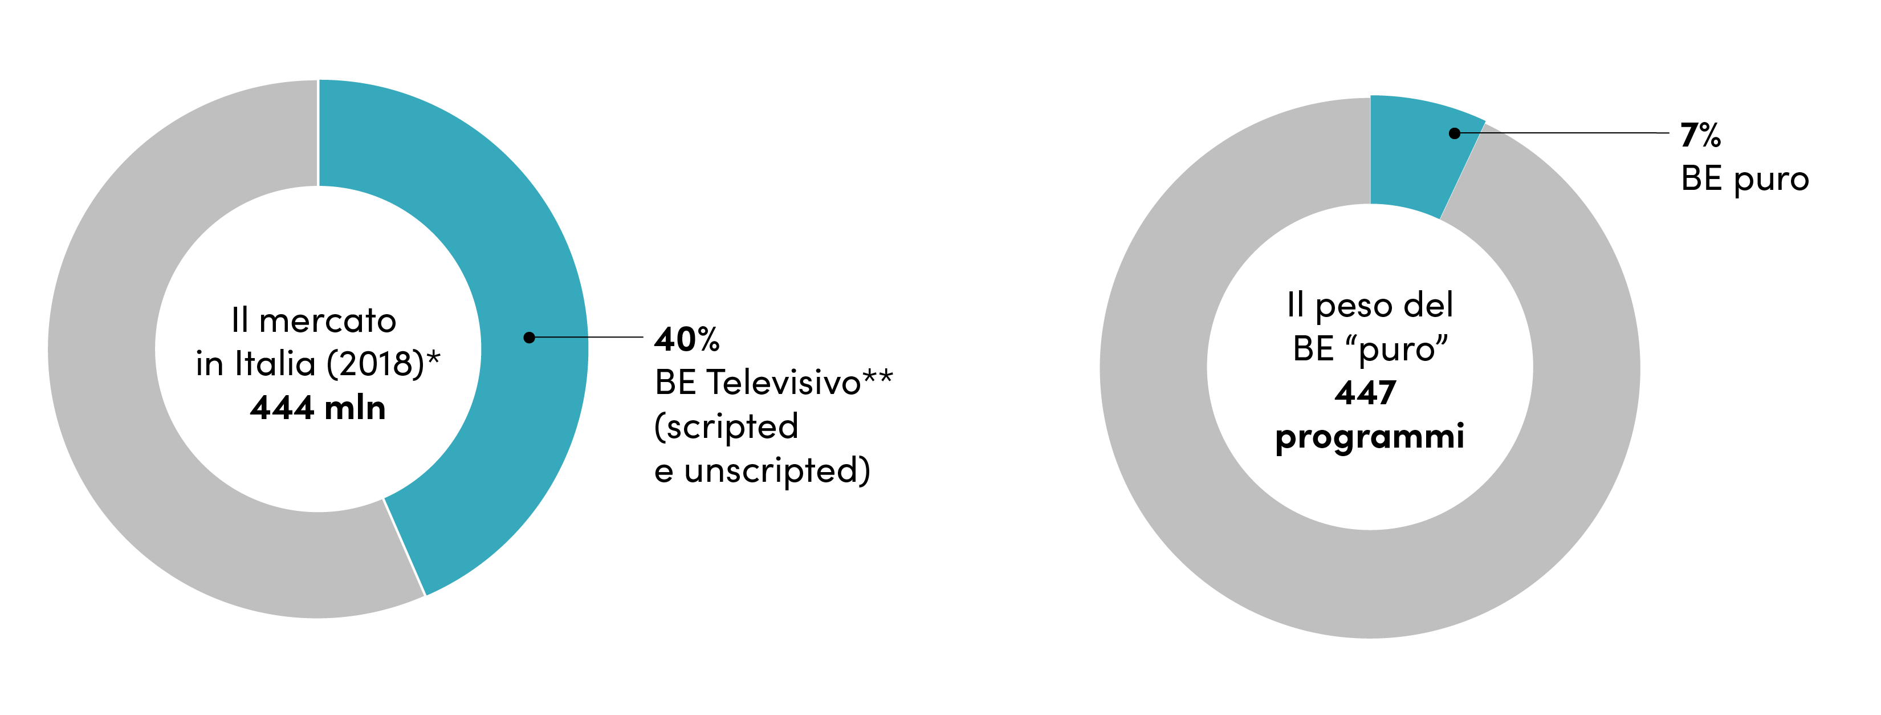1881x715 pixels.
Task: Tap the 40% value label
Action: coord(687,339)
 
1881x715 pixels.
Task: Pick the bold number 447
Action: coord(1366,393)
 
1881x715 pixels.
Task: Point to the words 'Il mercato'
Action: coord(314,320)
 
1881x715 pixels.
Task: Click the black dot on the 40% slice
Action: coord(530,338)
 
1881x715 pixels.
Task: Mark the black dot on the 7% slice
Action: coord(1455,133)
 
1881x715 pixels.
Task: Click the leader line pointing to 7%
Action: coord(1562,133)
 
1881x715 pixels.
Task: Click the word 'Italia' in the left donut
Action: coord(275,364)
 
